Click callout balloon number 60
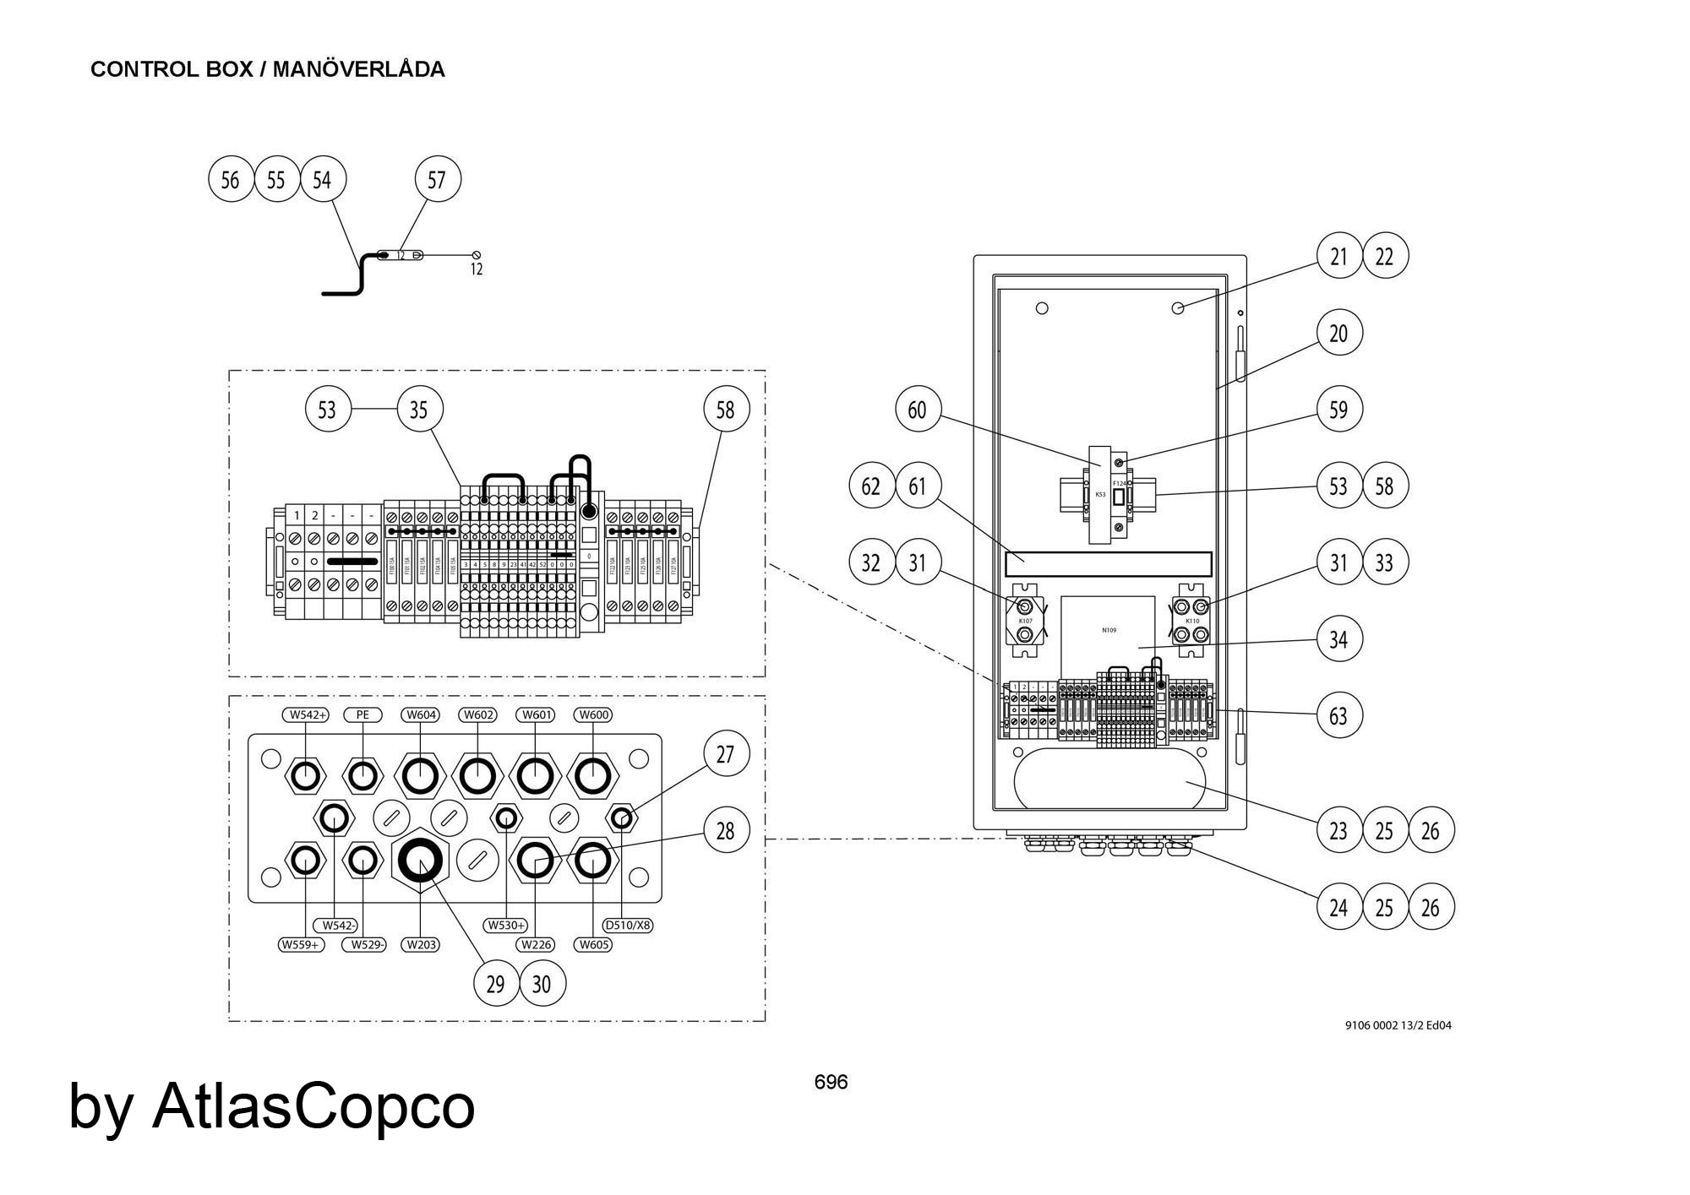coord(917,410)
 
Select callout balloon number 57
coord(437,179)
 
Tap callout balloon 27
coord(725,754)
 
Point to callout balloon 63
coord(1338,715)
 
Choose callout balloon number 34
coord(1338,639)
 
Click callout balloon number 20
coord(1338,333)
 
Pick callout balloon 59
coord(1338,410)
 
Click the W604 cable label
coord(421,714)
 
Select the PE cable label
coord(363,714)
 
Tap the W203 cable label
coord(421,944)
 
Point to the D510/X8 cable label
coord(629,925)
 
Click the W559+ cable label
coord(302,944)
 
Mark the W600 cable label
coord(592,714)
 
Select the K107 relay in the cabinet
coord(1025,621)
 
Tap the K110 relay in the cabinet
coord(1191,621)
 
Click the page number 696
coord(831,1082)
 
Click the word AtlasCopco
coord(313,1106)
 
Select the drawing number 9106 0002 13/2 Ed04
coord(1398,1025)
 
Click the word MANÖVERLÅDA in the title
coord(358,69)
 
